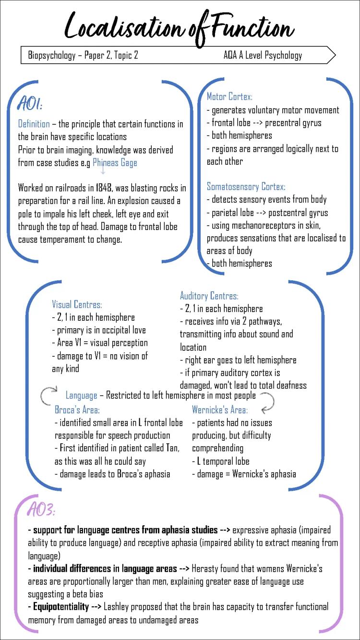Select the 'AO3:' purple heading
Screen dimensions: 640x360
point(42,509)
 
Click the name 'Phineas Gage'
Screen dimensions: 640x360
point(115,163)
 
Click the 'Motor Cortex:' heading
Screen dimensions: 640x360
point(229,97)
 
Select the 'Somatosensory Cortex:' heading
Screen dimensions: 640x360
point(246,186)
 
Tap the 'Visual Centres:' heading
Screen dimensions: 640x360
point(77,304)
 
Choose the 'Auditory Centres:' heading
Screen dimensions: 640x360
point(209,296)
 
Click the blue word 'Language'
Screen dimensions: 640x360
point(81,396)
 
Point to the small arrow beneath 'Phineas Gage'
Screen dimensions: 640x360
point(103,169)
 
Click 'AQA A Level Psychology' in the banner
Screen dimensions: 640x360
point(263,55)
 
